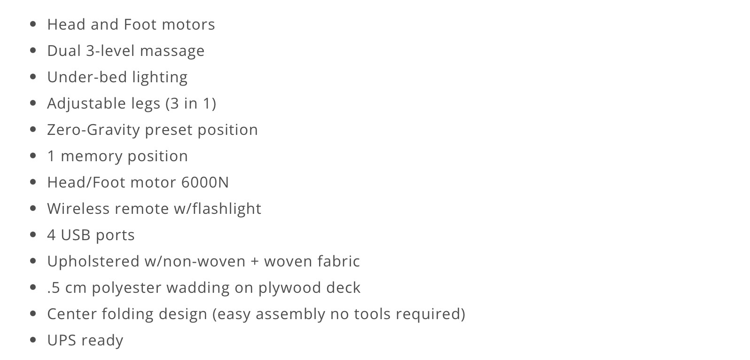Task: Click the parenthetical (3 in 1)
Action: pyautogui.click(x=191, y=103)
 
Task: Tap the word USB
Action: pyautogui.click(x=78, y=235)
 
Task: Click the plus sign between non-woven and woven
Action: pyautogui.click(x=255, y=261)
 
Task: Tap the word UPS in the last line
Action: pyautogui.click(x=62, y=340)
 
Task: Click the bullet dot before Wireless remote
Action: pyautogui.click(x=33, y=208)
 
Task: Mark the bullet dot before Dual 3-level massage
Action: pyautogui.click(x=33, y=50)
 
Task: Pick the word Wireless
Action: pyautogui.click(x=78, y=209)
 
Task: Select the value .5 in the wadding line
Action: pyautogui.click(x=54, y=288)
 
